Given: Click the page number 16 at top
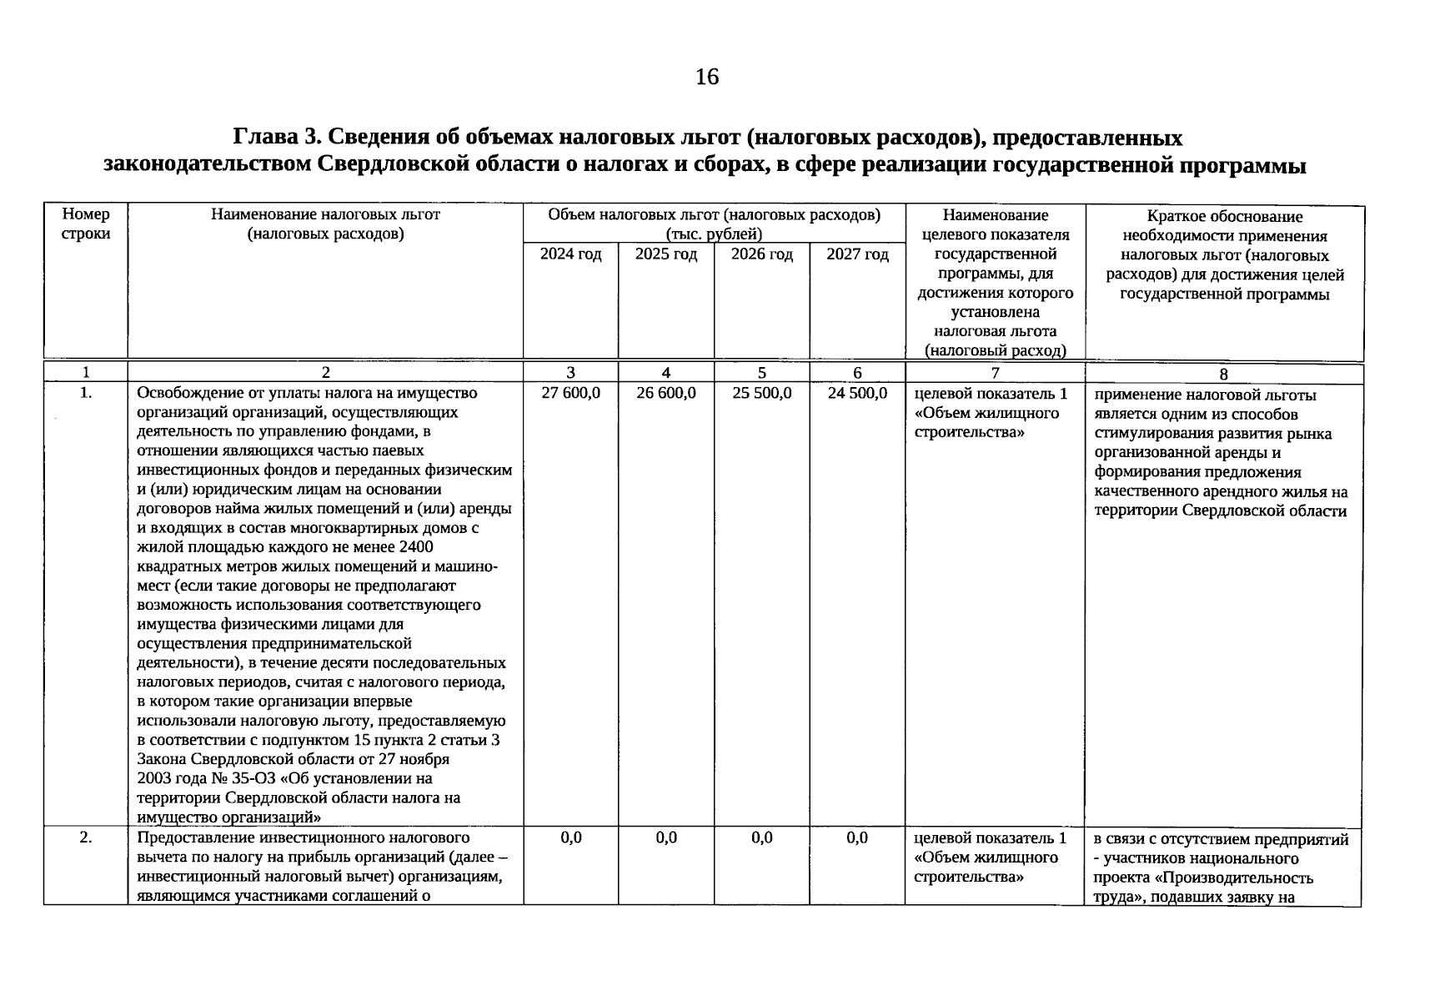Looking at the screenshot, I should pyautogui.click(x=706, y=78).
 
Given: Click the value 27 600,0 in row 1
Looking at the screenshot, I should pyautogui.click(x=570, y=393).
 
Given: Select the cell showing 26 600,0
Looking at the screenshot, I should pyautogui.click(x=665, y=393).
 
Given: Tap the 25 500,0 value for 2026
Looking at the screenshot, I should pyautogui.click(x=761, y=393).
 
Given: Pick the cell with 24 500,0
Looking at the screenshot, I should pyautogui.click(x=857, y=393).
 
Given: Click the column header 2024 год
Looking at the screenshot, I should pyautogui.click(x=570, y=254).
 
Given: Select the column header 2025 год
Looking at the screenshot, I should pyautogui.click(x=665, y=254).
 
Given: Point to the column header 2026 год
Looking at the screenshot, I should pyautogui.click(x=761, y=254).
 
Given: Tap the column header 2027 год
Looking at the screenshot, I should pyautogui.click(x=857, y=254).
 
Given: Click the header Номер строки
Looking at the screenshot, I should pyautogui.click(x=86, y=224).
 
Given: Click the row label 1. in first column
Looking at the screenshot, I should pyautogui.click(x=86, y=393).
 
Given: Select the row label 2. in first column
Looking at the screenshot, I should pyautogui.click(x=86, y=838).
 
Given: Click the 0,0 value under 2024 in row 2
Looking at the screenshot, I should pyautogui.click(x=570, y=838).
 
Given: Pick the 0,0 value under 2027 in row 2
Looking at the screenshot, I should pyautogui.click(x=857, y=838).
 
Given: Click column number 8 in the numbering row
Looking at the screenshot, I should pyautogui.click(x=1223, y=375).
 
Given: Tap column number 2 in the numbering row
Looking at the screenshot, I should pyautogui.click(x=325, y=374).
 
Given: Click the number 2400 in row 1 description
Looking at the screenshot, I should pyautogui.click(x=416, y=547).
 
